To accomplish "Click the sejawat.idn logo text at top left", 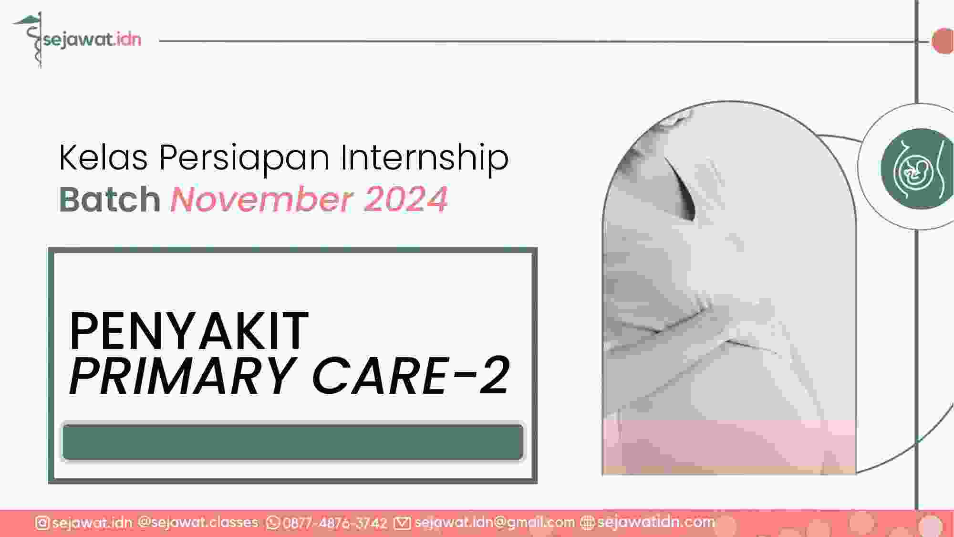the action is (x=92, y=39).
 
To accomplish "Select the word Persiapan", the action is (x=244, y=158).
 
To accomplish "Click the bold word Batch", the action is (x=110, y=199).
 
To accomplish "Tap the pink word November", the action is (x=262, y=199).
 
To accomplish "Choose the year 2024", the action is (x=406, y=199).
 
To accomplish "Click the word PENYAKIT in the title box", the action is (x=189, y=331).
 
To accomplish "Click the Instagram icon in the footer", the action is (x=42, y=523).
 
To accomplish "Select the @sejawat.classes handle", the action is (x=198, y=523).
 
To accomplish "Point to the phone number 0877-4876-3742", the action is (x=335, y=523).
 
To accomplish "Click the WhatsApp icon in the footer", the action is (x=273, y=523).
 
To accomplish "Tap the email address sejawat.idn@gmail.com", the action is (x=495, y=523).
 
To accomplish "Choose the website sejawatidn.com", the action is (x=656, y=523).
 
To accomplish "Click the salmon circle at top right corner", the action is (x=943, y=41).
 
